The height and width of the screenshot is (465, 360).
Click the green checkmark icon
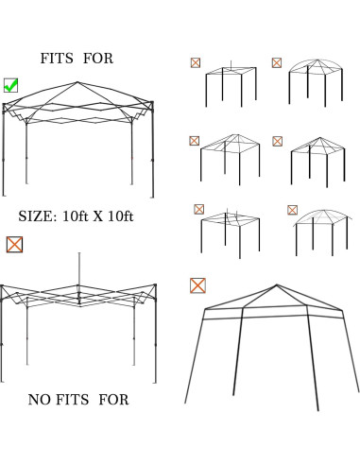[x=11, y=85]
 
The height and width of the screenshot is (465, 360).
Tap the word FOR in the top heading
[x=97, y=59]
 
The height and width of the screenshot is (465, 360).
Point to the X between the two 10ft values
[x=101, y=216]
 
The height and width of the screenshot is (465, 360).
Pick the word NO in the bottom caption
[x=38, y=400]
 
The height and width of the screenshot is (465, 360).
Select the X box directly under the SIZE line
[x=14, y=244]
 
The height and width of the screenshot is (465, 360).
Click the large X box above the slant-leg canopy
[x=197, y=284]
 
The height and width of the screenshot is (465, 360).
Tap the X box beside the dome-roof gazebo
[x=277, y=63]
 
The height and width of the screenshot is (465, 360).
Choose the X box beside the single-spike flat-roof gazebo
[x=195, y=63]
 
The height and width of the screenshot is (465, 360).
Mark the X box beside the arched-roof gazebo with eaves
[x=292, y=210]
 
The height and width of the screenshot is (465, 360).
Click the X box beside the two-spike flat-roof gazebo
[x=199, y=209]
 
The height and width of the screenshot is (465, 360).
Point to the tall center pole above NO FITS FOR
[x=79, y=269]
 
